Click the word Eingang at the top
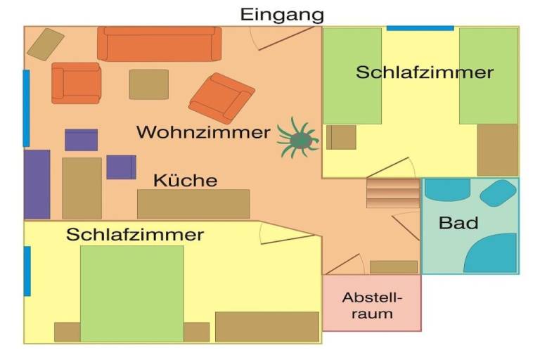tap(282, 15)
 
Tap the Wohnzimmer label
tap(203, 132)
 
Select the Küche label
tap(186, 180)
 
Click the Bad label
tap(458, 223)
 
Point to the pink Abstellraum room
tap(372, 303)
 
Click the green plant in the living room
tap(298, 138)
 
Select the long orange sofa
tap(159, 44)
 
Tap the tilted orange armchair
tap(221, 98)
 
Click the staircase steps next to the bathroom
tap(393, 193)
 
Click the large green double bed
tap(132, 293)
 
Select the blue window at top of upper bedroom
tap(420, 28)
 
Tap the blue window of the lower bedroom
tap(27, 271)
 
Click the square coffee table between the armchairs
tap(149, 84)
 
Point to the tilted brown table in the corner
tap(46, 44)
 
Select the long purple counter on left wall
tap(37, 184)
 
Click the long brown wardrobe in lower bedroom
tap(267, 327)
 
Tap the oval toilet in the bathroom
tap(498, 193)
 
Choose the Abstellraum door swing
tap(345, 264)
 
